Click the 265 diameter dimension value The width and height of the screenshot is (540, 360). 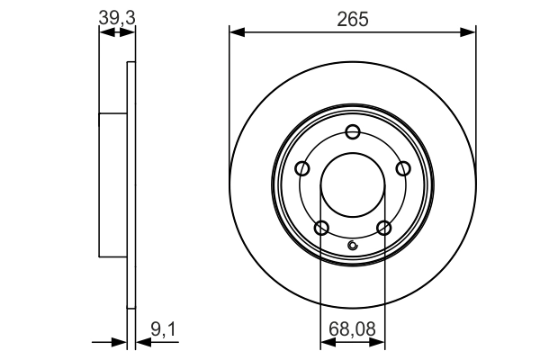click(x=353, y=18)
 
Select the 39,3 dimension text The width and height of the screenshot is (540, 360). click(x=112, y=16)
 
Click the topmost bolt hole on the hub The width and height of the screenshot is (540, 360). click(x=353, y=131)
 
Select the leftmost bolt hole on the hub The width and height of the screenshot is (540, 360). click(x=302, y=168)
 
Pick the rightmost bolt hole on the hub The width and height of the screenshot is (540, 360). click(x=403, y=168)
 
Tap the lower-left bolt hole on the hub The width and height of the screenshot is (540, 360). click(x=321, y=227)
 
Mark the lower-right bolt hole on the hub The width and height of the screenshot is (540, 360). click(x=384, y=227)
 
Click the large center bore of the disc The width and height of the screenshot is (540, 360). click(x=353, y=184)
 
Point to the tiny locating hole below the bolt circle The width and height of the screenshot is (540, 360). click(x=353, y=247)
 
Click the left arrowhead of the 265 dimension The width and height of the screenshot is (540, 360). click(x=237, y=33)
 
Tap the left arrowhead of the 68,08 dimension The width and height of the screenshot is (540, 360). click(x=326, y=342)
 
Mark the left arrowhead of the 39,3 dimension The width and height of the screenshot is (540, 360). click(x=103, y=33)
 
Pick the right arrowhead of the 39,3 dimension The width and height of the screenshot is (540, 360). click(x=130, y=33)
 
